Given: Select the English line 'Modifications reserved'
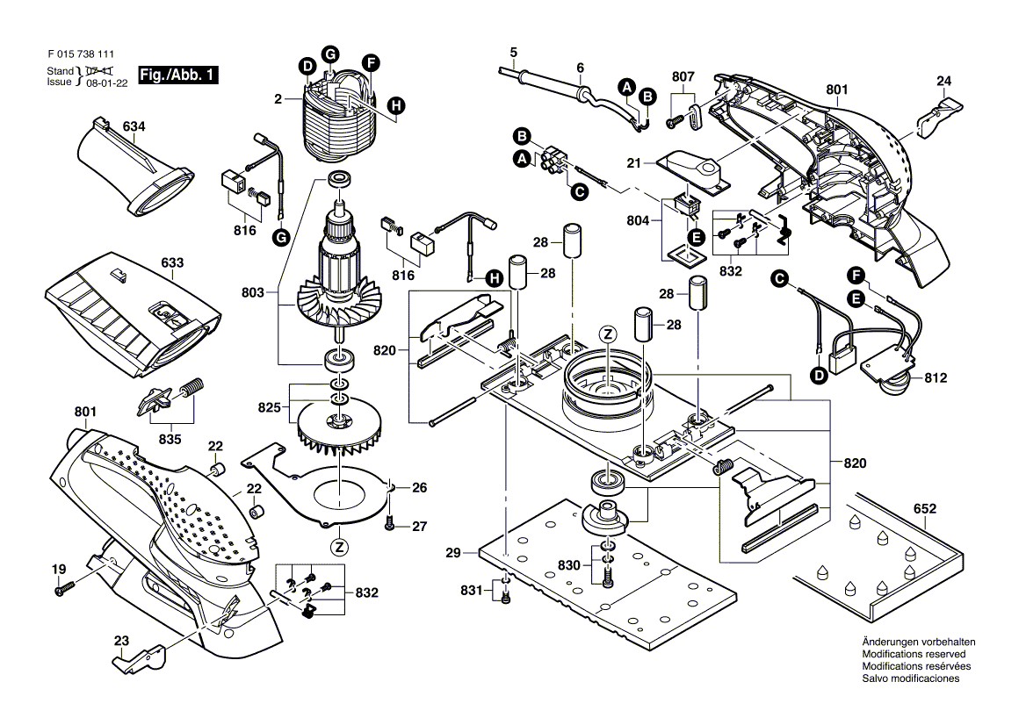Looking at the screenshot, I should (914, 655).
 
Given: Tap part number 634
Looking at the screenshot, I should (134, 127).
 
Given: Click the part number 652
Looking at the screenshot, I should (925, 508).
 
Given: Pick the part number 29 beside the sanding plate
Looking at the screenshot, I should (453, 553).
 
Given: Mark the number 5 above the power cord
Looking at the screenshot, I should (514, 52).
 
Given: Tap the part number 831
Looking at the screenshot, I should (472, 591).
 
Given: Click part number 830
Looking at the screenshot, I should (567, 566).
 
